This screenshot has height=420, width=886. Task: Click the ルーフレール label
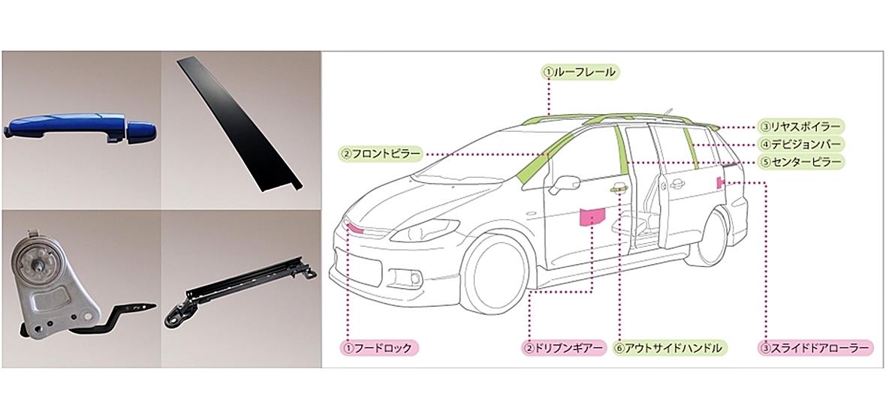click(x=580, y=72)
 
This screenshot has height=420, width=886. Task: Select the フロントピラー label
click(x=381, y=154)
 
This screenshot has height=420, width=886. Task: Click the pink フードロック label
click(x=378, y=348)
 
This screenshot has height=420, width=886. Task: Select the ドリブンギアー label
click(x=563, y=348)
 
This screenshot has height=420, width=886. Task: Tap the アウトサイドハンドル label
click(x=670, y=348)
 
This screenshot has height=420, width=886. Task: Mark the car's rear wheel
click(x=713, y=237)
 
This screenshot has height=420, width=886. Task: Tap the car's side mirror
click(x=565, y=184)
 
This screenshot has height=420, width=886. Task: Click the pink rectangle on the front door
click(x=592, y=217)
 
